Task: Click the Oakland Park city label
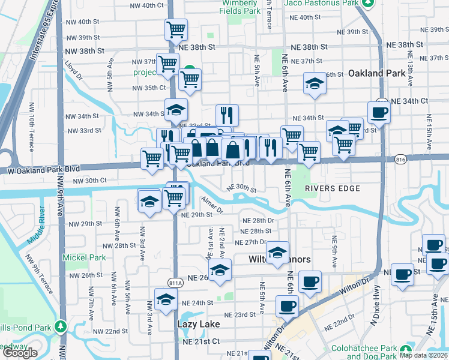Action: [x=375, y=73]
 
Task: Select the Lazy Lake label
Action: [x=198, y=324]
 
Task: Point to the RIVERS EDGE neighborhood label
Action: [x=332, y=188]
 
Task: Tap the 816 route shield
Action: [x=401, y=159]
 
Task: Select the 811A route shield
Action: [x=175, y=283]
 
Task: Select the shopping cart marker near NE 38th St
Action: [x=176, y=29]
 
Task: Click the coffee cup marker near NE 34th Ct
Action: [x=379, y=112]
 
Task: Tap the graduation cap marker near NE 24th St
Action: [x=165, y=299]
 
